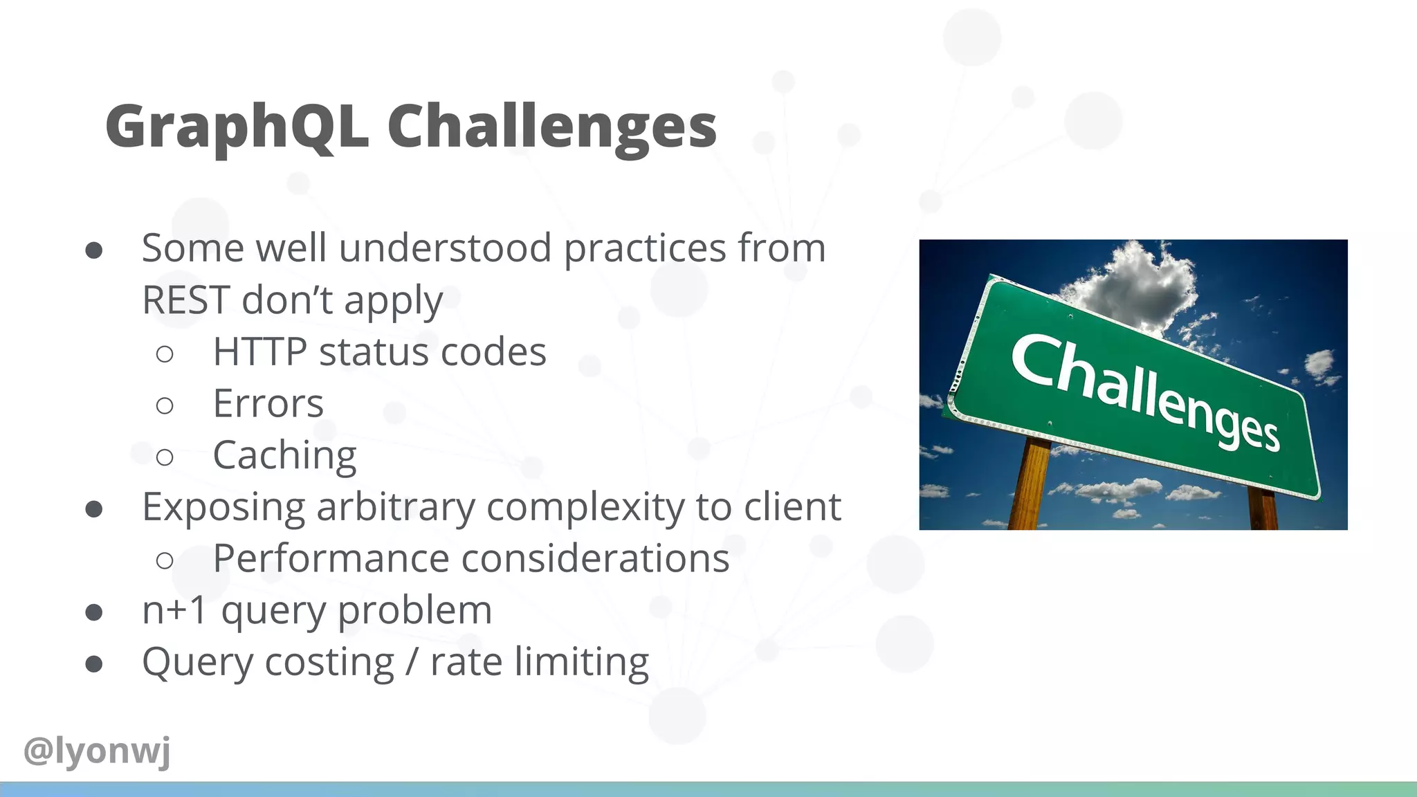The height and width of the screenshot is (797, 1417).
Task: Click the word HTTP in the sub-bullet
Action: pos(259,352)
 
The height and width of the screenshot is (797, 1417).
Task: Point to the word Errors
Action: pos(268,404)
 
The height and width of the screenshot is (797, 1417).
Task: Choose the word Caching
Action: pos(284,456)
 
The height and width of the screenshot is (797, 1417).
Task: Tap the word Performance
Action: pos(331,559)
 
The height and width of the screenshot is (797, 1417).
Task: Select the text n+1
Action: pos(174,611)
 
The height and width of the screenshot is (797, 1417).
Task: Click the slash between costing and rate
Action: pos(412,662)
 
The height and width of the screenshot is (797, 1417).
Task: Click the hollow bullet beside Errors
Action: pos(165,405)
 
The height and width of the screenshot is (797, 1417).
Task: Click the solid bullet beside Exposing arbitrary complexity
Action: pos(94,509)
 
